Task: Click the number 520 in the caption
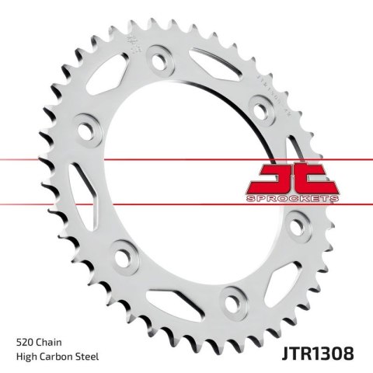(x=24, y=341)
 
